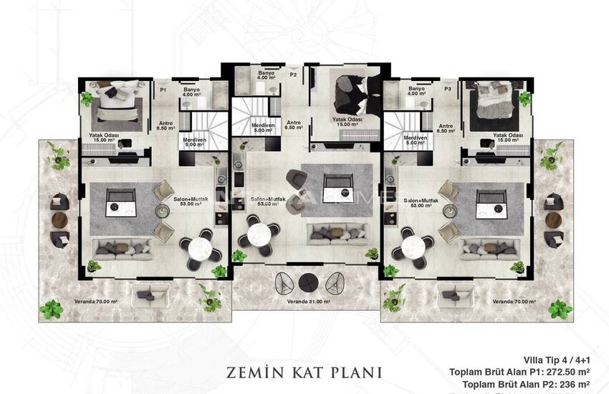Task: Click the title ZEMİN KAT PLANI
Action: (304, 373)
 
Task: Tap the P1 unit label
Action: (163, 90)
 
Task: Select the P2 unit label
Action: (293, 74)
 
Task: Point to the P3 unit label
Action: (447, 90)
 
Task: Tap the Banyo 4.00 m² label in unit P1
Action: (191, 92)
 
